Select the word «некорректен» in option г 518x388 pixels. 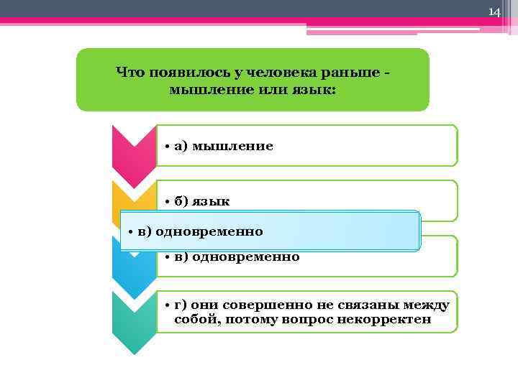pyautogui.click(x=392, y=319)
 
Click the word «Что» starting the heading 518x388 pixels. pyautogui.click(x=129, y=72)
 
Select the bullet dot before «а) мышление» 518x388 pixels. pyautogui.click(x=165, y=147)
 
